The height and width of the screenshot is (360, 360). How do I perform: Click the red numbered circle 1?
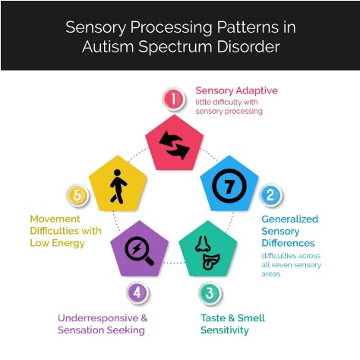tap(174, 99)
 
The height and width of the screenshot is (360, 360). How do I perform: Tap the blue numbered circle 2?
tap(270, 195)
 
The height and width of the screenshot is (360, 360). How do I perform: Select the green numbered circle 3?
tap(210, 293)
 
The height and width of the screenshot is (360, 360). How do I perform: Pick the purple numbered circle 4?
tap(137, 292)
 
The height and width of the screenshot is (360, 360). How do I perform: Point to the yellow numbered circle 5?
tap(77, 195)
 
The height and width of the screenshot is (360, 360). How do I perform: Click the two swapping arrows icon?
tap(175, 145)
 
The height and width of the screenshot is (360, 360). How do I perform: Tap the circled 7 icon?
tap(229, 185)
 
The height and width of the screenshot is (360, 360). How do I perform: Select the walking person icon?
tap(118, 187)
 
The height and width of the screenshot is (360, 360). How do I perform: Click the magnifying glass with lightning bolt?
tap(139, 251)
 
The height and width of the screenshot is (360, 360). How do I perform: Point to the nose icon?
tap(203, 244)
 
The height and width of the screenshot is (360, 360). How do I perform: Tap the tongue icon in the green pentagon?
tap(210, 261)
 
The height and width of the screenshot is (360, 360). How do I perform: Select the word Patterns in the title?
tap(248, 27)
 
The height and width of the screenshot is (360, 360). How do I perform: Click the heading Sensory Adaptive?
tap(236, 90)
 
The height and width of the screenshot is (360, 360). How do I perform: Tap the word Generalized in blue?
tap(290, 219)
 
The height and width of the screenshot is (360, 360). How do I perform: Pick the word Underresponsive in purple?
tap(98, 318)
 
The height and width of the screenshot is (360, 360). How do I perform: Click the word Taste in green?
tap(213, 318)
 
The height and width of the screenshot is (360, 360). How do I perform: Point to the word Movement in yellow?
tap(55, 219)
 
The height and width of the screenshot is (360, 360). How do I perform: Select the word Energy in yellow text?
tap(68, 243)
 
